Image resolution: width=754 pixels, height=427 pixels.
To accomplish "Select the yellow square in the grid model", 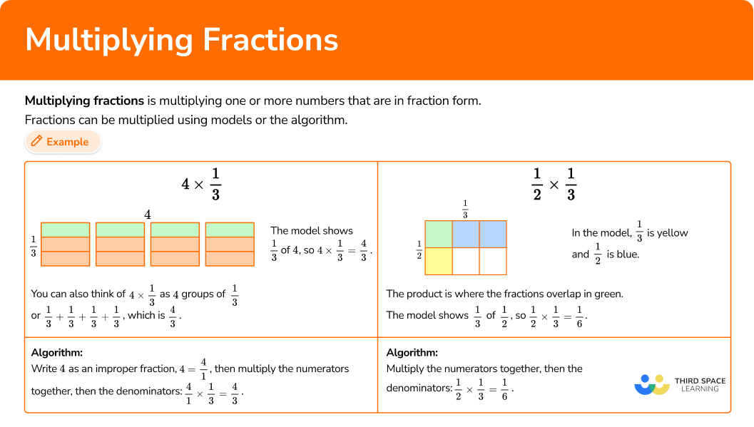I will [439, 261].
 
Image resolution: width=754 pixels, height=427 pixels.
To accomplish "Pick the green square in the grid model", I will [439, 234].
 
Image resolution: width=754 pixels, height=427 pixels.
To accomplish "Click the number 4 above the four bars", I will [148, 214].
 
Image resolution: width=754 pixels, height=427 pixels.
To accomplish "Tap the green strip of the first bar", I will [66, 230].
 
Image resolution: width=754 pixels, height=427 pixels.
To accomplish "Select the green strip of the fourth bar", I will [230, 230].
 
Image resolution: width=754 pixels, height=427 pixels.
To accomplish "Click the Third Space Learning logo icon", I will [651, 384].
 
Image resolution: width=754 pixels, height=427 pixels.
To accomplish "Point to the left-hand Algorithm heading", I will [57, 352].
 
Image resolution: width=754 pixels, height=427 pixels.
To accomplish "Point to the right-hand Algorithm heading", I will [412, 352].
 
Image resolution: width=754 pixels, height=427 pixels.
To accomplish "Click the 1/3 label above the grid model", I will [465, 209].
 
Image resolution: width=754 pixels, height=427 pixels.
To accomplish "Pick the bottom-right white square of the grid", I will [493, 261].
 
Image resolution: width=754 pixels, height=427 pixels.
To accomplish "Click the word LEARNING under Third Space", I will [700, 389].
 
